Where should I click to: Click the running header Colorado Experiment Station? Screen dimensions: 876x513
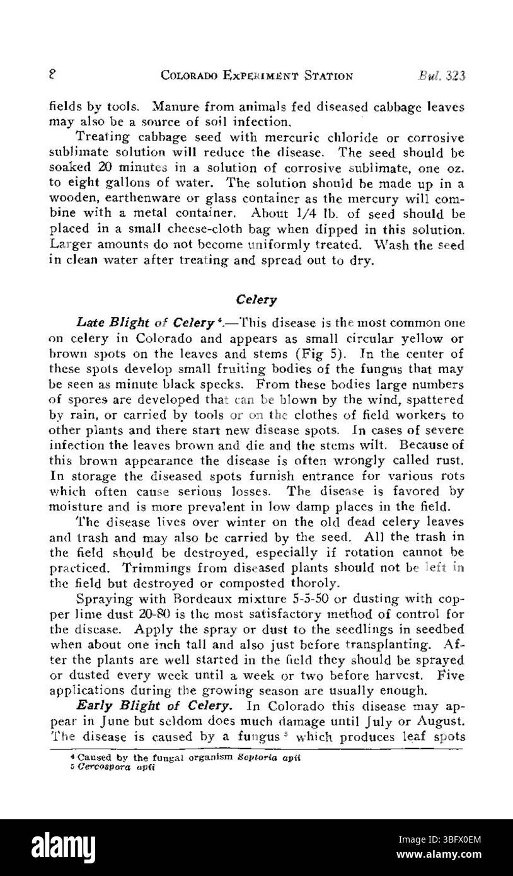pyautogui.click(x=256, y=76)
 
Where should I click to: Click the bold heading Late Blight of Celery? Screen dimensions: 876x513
pyautogui.click(x=146, y=323)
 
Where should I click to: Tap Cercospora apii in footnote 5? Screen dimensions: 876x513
pyautogui.click(x=110, y=767)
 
